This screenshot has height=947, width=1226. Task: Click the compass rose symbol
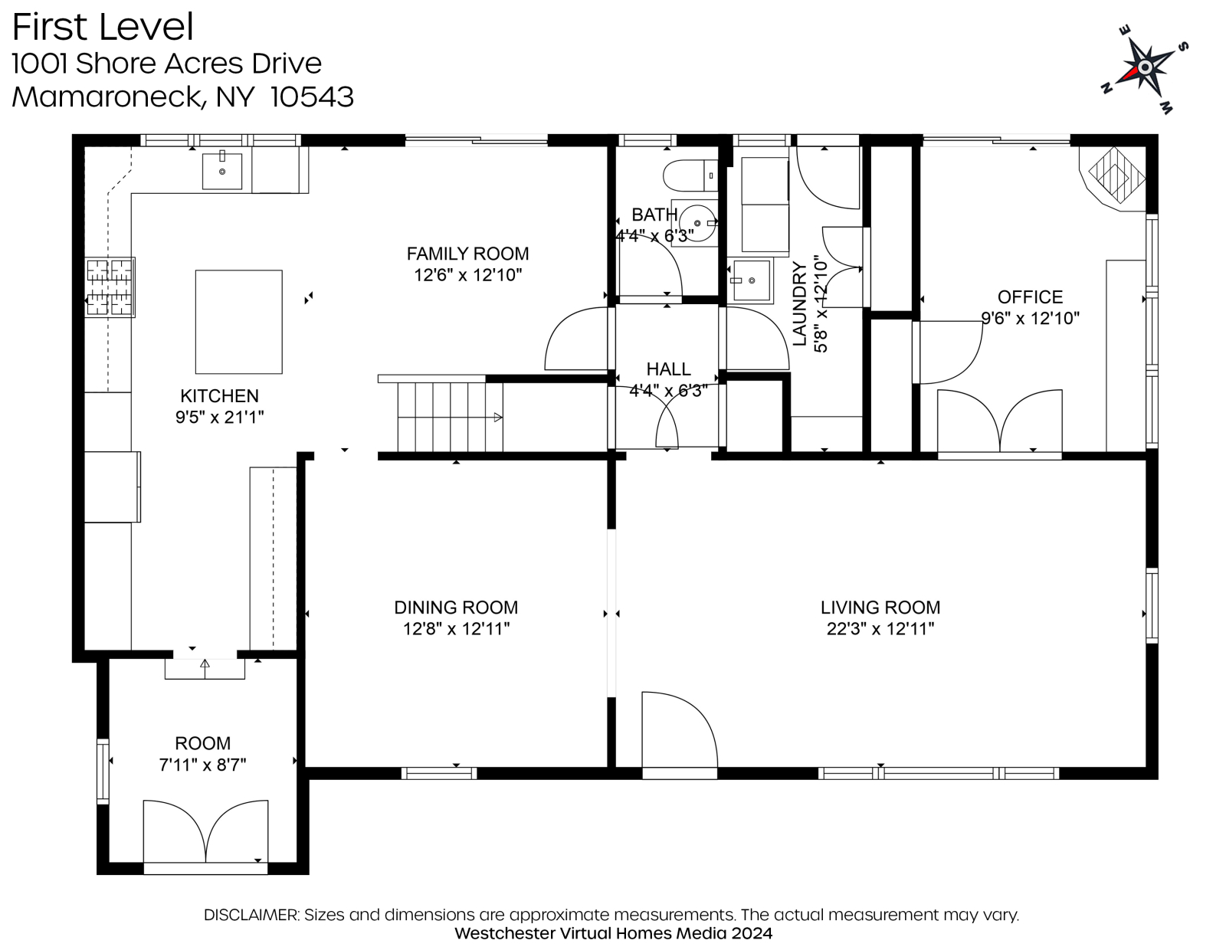pos(1145,68)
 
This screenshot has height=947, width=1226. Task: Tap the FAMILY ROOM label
pos(467,254)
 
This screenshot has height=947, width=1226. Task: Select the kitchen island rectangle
pos(238,322)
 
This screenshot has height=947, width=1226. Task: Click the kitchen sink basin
pos(222,171)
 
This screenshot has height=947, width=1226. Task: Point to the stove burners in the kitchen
pos(110,287)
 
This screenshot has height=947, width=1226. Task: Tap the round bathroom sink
pos(697,224)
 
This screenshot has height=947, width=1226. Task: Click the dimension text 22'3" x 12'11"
pos(880,628)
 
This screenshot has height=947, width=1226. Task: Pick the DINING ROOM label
pos(456,608)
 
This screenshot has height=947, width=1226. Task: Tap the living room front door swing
pos(680,729)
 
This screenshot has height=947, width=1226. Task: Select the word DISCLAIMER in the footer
pos(251,915)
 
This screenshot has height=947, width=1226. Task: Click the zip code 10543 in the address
pos(312,97)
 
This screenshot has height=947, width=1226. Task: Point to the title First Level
pos(103,27)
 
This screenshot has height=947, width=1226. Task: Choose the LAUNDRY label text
pos(799,303)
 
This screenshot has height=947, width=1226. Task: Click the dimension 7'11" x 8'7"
pos(202,765)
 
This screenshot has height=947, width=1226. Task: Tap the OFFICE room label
pos(1031,297)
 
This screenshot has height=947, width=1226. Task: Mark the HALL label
pos(669,369)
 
